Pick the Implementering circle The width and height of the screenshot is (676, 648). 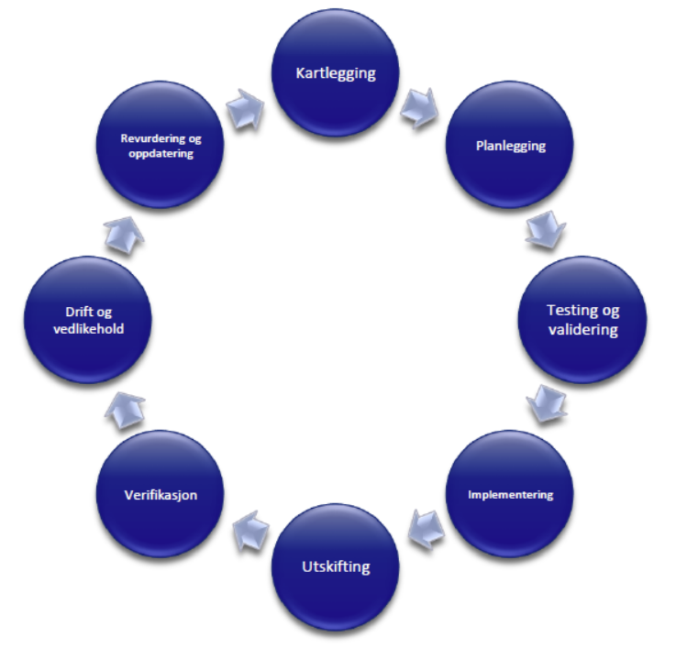pyautogui.click(x=512, y=496)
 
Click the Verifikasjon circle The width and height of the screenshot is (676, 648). pyautogui.click(x=161, y=496)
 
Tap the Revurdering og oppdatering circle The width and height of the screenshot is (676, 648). pyautogui.click(x=161, y=147)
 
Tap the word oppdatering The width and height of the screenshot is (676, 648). pyautogui.click(x=161, y=153)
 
